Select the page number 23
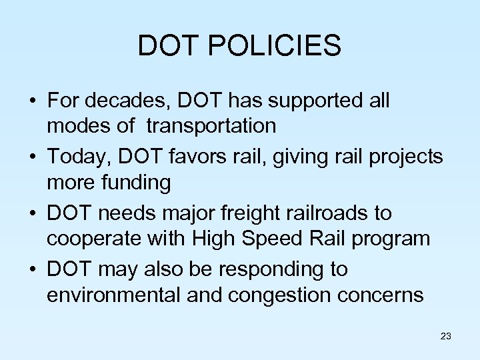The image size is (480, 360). point(446,336)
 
